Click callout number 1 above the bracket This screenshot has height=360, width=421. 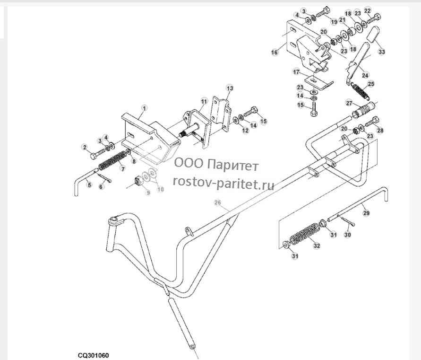[145, 108]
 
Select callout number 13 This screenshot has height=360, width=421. [230, 88]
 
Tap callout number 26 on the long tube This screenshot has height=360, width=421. [218, 202]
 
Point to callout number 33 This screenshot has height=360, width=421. [381, 52]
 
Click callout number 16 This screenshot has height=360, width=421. [275, 52]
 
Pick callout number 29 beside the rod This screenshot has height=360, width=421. [366, 213]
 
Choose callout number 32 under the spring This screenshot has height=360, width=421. [317, 246]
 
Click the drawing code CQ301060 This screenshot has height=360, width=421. [94, 355]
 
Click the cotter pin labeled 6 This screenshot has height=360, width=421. [104, 178]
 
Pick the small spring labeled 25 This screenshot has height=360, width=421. [360, 91]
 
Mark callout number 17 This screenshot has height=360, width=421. [296, 72]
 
